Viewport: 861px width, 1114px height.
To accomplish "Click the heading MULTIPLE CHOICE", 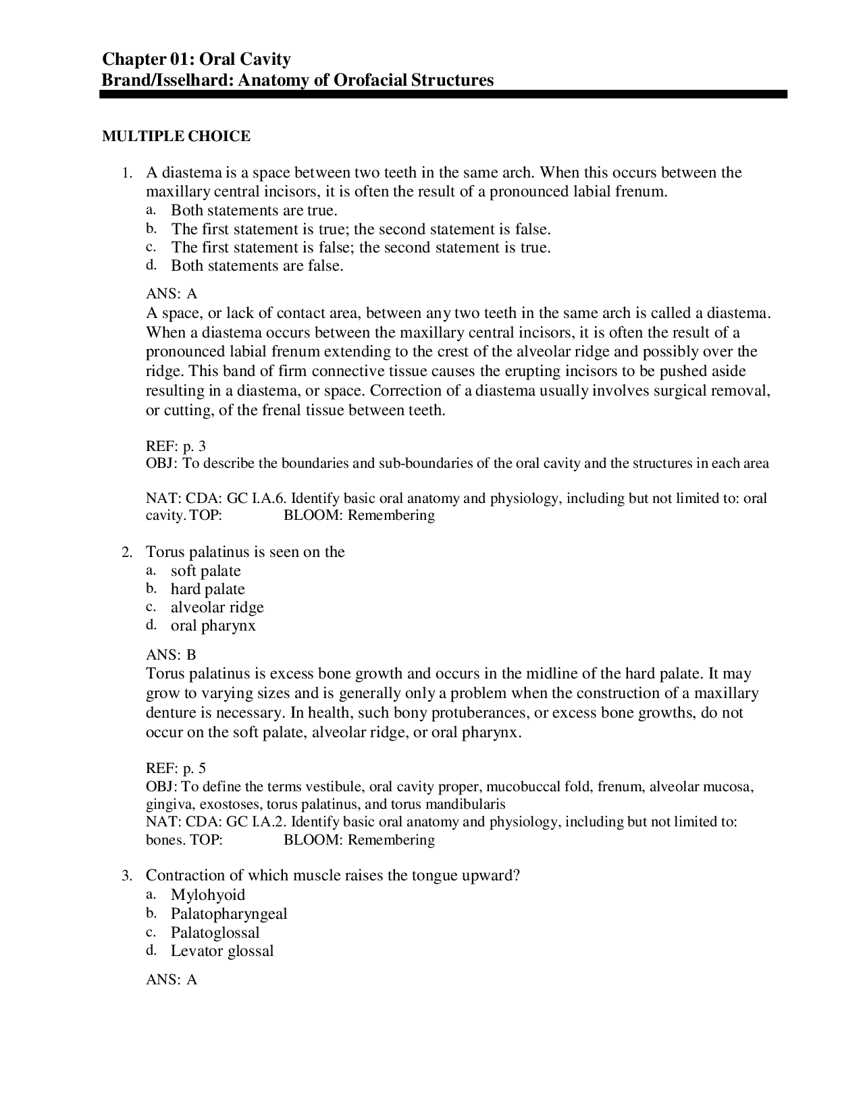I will coord(176,136).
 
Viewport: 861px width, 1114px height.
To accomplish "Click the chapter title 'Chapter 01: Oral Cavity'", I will coord(196,59).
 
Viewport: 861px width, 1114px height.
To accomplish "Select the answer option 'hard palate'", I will coord(207,589).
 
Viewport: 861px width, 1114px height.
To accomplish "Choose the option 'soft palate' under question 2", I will coord(205,571).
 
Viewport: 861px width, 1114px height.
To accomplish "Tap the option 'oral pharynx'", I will coord(213,625).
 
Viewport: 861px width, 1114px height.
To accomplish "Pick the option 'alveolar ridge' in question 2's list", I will coord(217,607).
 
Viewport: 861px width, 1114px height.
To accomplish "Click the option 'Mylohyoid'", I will coord(207,895).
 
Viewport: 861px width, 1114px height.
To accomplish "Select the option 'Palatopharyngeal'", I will coord(228,913).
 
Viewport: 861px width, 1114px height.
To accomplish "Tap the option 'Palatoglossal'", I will coord(215,932).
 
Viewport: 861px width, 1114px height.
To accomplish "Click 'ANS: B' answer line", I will coord(171,654).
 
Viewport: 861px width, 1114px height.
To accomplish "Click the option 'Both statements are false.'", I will coord(257,265).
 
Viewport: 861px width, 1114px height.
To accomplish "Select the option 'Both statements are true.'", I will coord(254,210).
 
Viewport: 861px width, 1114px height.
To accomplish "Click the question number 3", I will coord(126,876).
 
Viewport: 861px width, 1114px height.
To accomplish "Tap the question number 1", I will coord(126,174).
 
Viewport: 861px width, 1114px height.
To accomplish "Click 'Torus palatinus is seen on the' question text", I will coord(245,552).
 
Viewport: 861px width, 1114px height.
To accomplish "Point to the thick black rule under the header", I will coord(443,95).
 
